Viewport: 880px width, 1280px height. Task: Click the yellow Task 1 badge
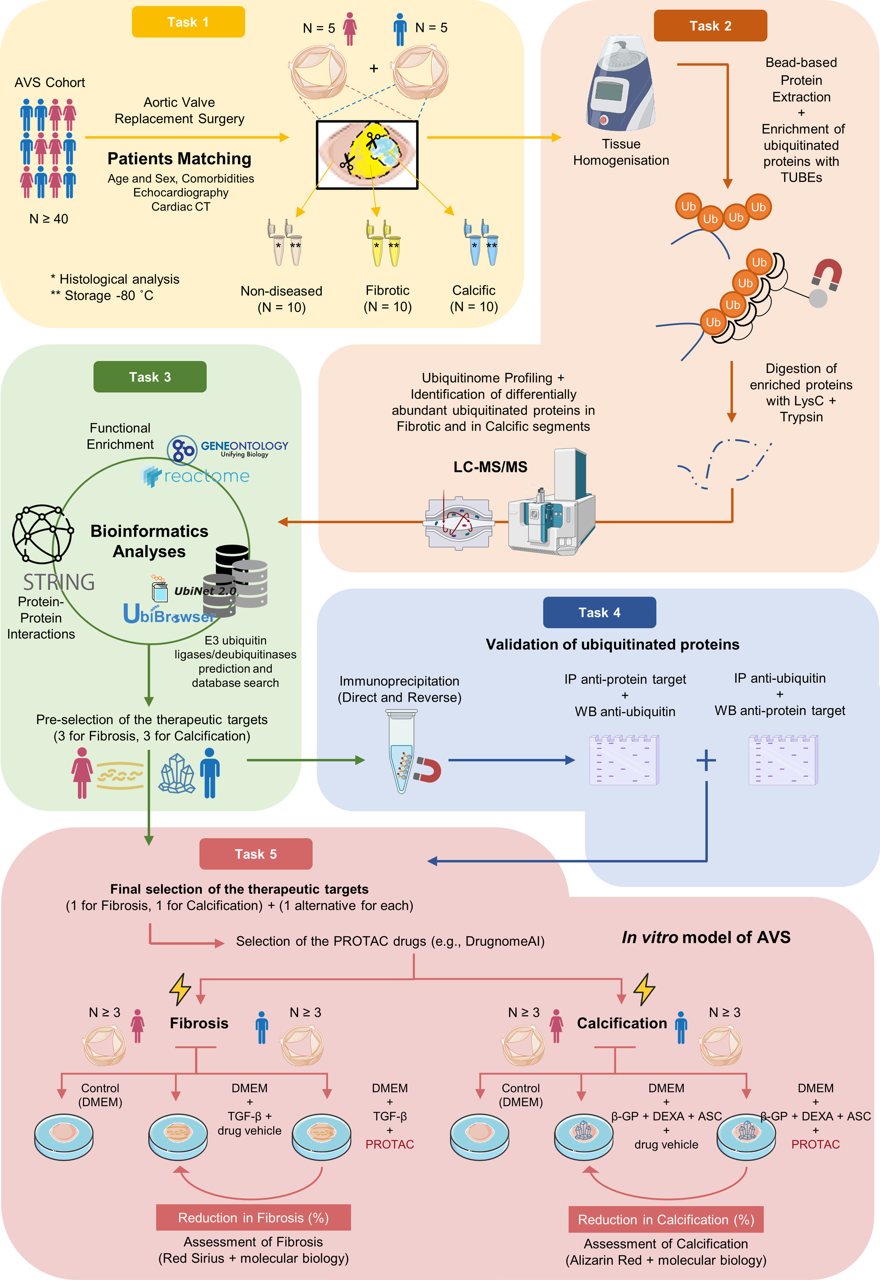tap(188, 22)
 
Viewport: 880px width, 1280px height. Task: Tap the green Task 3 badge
tap(150, 377)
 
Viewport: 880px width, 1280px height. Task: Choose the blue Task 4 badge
tap(599, 612)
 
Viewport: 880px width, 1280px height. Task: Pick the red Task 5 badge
tap(256, 854)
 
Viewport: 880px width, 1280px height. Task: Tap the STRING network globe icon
tap(43, 534)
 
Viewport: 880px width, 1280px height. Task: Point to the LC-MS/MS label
tap(490, 467)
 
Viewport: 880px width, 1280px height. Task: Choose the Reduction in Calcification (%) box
tap(666, 1219)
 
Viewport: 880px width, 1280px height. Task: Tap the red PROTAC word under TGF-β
tap(390, 1144)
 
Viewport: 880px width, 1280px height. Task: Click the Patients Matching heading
tap(179, 159)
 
